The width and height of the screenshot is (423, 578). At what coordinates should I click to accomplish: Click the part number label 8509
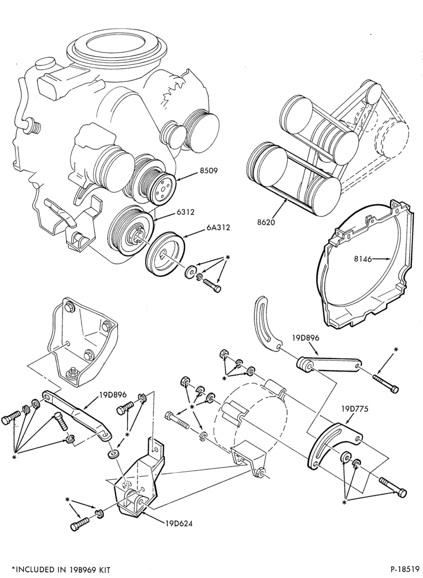click(208, 171)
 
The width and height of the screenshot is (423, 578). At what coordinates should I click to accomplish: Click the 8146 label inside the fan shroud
click(363, 259)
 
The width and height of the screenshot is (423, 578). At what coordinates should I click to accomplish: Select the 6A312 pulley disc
click(165, 254)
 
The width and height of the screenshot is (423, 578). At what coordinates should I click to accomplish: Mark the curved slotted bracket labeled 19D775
click(332, 446)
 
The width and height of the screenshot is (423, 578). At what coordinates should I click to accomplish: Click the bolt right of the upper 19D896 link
click(386, 384)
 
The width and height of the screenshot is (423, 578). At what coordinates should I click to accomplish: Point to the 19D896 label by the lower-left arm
click(113, 395)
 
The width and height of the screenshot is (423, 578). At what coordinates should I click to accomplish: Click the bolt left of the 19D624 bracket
click(79, 524)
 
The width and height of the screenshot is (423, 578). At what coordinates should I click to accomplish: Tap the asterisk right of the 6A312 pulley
click(228, 257)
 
